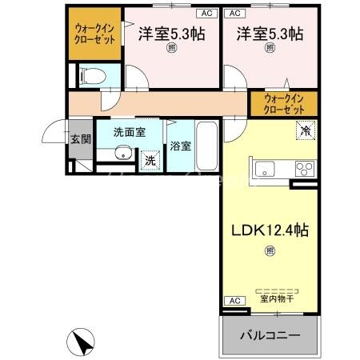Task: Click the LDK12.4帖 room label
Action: click(x=270, y=230)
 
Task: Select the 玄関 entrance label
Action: click(x=81, y=140)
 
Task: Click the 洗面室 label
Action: click(x=127, y=132)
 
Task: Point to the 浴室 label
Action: click(x=180, y=146)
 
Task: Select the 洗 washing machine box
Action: click(x=150, y=160)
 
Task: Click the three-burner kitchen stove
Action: click(x=305, y=169)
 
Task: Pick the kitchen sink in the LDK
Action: click(x=265, y=170)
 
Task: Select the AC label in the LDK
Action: click(x=234, y=301)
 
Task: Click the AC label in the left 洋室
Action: click(x=206, y=14)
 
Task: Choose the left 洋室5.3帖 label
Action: click(x=170, y=34)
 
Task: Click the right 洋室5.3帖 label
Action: click(x=269, y=34)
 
